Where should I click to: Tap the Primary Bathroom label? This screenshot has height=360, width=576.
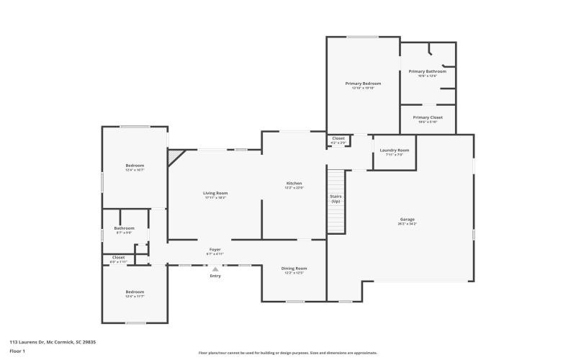point(427,72)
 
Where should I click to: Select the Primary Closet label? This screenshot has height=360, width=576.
point(427,118)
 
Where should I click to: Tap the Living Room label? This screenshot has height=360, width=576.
point(216,194)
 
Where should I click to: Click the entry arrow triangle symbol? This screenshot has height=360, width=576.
point(215,269)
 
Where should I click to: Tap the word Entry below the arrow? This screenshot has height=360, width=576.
point(215,276)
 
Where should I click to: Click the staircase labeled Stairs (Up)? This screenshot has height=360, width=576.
point(336,199)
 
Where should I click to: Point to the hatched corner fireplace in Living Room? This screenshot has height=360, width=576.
point(175,156)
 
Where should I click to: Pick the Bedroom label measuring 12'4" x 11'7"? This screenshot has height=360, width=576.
point(135,293)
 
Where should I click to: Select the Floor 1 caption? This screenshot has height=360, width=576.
point(17,351)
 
